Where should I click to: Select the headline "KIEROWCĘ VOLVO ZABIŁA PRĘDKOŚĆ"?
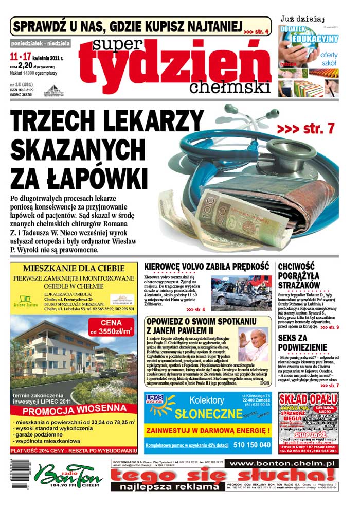[207, 267]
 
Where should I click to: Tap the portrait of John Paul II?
[253, 346]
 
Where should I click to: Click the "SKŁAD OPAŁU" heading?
[309, 399]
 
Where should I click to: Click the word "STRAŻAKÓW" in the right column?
[299, 285]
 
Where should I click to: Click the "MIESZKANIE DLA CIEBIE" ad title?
[74, 268]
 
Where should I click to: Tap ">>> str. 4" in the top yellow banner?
[256, 32]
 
